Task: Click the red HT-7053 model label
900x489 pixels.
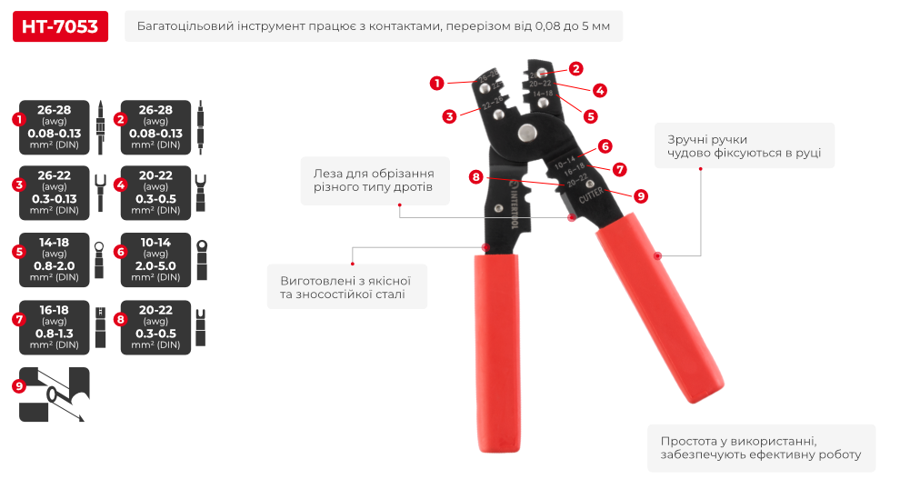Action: [60, 26]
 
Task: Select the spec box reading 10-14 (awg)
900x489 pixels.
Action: [155, 260]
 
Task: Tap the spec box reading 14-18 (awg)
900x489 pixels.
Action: [55, 260]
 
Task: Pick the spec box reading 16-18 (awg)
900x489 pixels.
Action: [55, 327]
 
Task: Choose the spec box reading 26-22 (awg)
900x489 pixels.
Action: [55, 193]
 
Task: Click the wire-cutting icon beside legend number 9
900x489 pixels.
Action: [55, 394]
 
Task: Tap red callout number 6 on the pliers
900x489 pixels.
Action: [605, 145]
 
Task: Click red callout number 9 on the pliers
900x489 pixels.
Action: [640, 195]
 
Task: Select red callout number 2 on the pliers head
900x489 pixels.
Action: [576, 68]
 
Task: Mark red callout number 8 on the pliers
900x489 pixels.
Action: [475, 176]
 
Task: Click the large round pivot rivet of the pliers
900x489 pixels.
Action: [526, 134]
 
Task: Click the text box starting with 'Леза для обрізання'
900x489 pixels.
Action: [374, 181]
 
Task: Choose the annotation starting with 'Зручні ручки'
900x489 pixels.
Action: [744, 145]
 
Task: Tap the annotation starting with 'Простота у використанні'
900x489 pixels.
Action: [760, 447]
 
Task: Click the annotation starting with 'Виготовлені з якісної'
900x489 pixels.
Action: [346, 287]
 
